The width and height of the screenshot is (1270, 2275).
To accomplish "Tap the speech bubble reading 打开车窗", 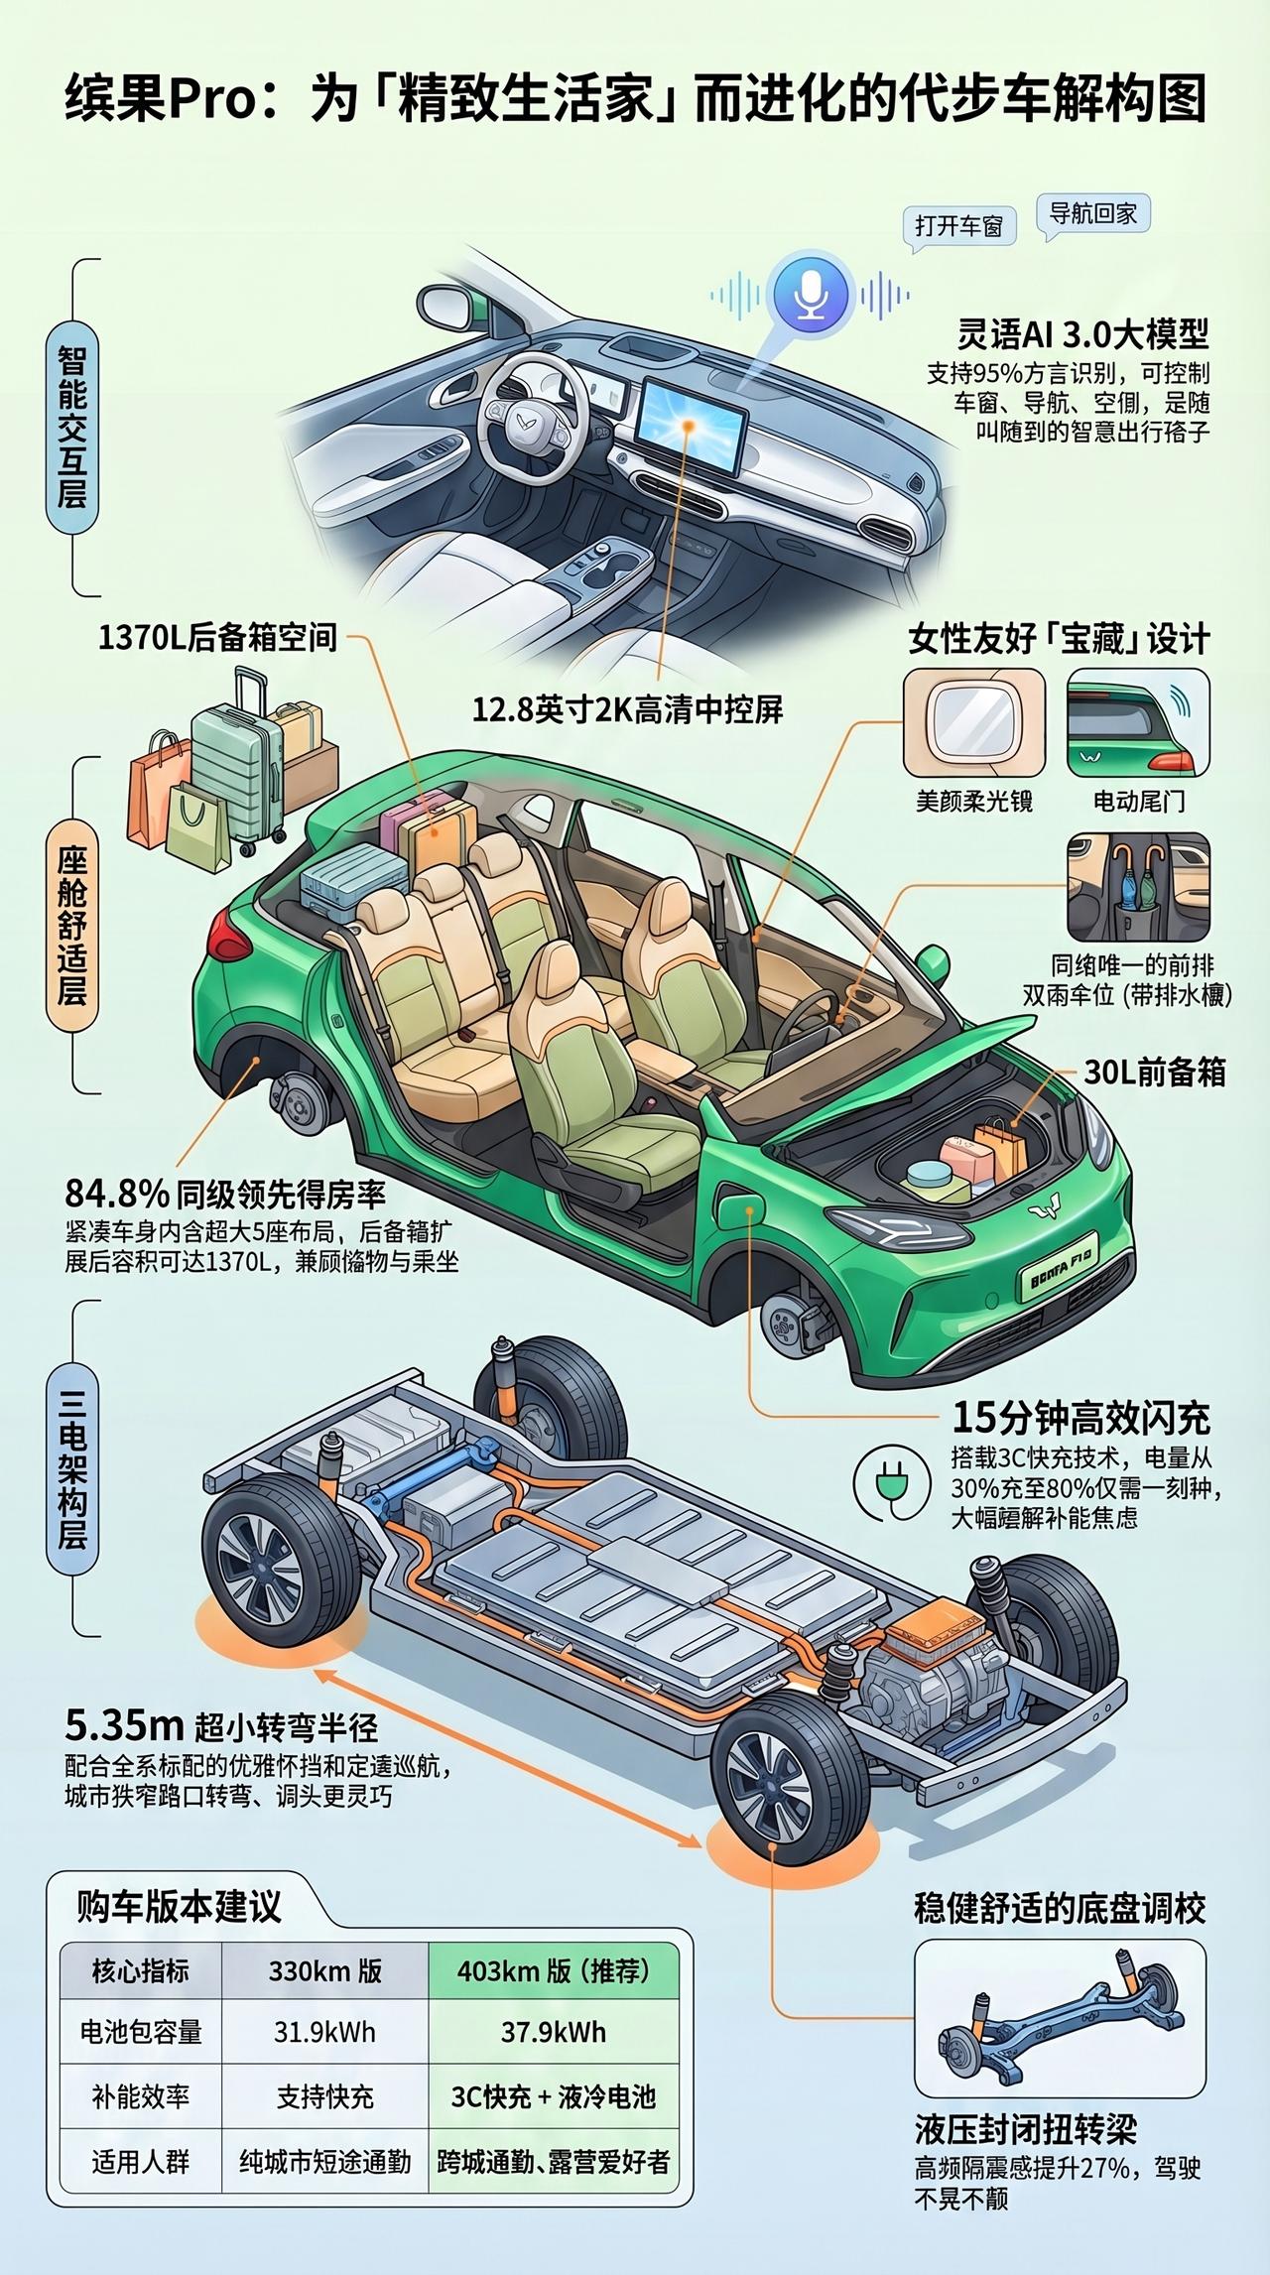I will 958,225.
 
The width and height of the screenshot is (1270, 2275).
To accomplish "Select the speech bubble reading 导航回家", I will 1092,212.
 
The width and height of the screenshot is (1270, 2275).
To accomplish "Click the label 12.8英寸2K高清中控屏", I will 627,709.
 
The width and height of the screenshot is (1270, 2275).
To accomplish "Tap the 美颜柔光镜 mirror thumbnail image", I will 973,722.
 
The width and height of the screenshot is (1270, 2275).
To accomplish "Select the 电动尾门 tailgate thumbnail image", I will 1138,722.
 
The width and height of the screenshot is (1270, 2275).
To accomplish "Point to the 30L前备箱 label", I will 1154,1073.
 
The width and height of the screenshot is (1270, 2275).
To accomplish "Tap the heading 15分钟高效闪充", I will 1080,1418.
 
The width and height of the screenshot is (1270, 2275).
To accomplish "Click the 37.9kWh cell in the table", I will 553,2032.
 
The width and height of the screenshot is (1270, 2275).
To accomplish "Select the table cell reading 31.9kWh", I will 324,2032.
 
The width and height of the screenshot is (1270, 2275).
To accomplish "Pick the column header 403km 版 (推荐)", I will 553,1970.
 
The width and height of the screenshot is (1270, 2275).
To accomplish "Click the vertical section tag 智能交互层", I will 71,428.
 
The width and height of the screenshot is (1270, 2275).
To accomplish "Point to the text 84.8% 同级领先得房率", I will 225,1192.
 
